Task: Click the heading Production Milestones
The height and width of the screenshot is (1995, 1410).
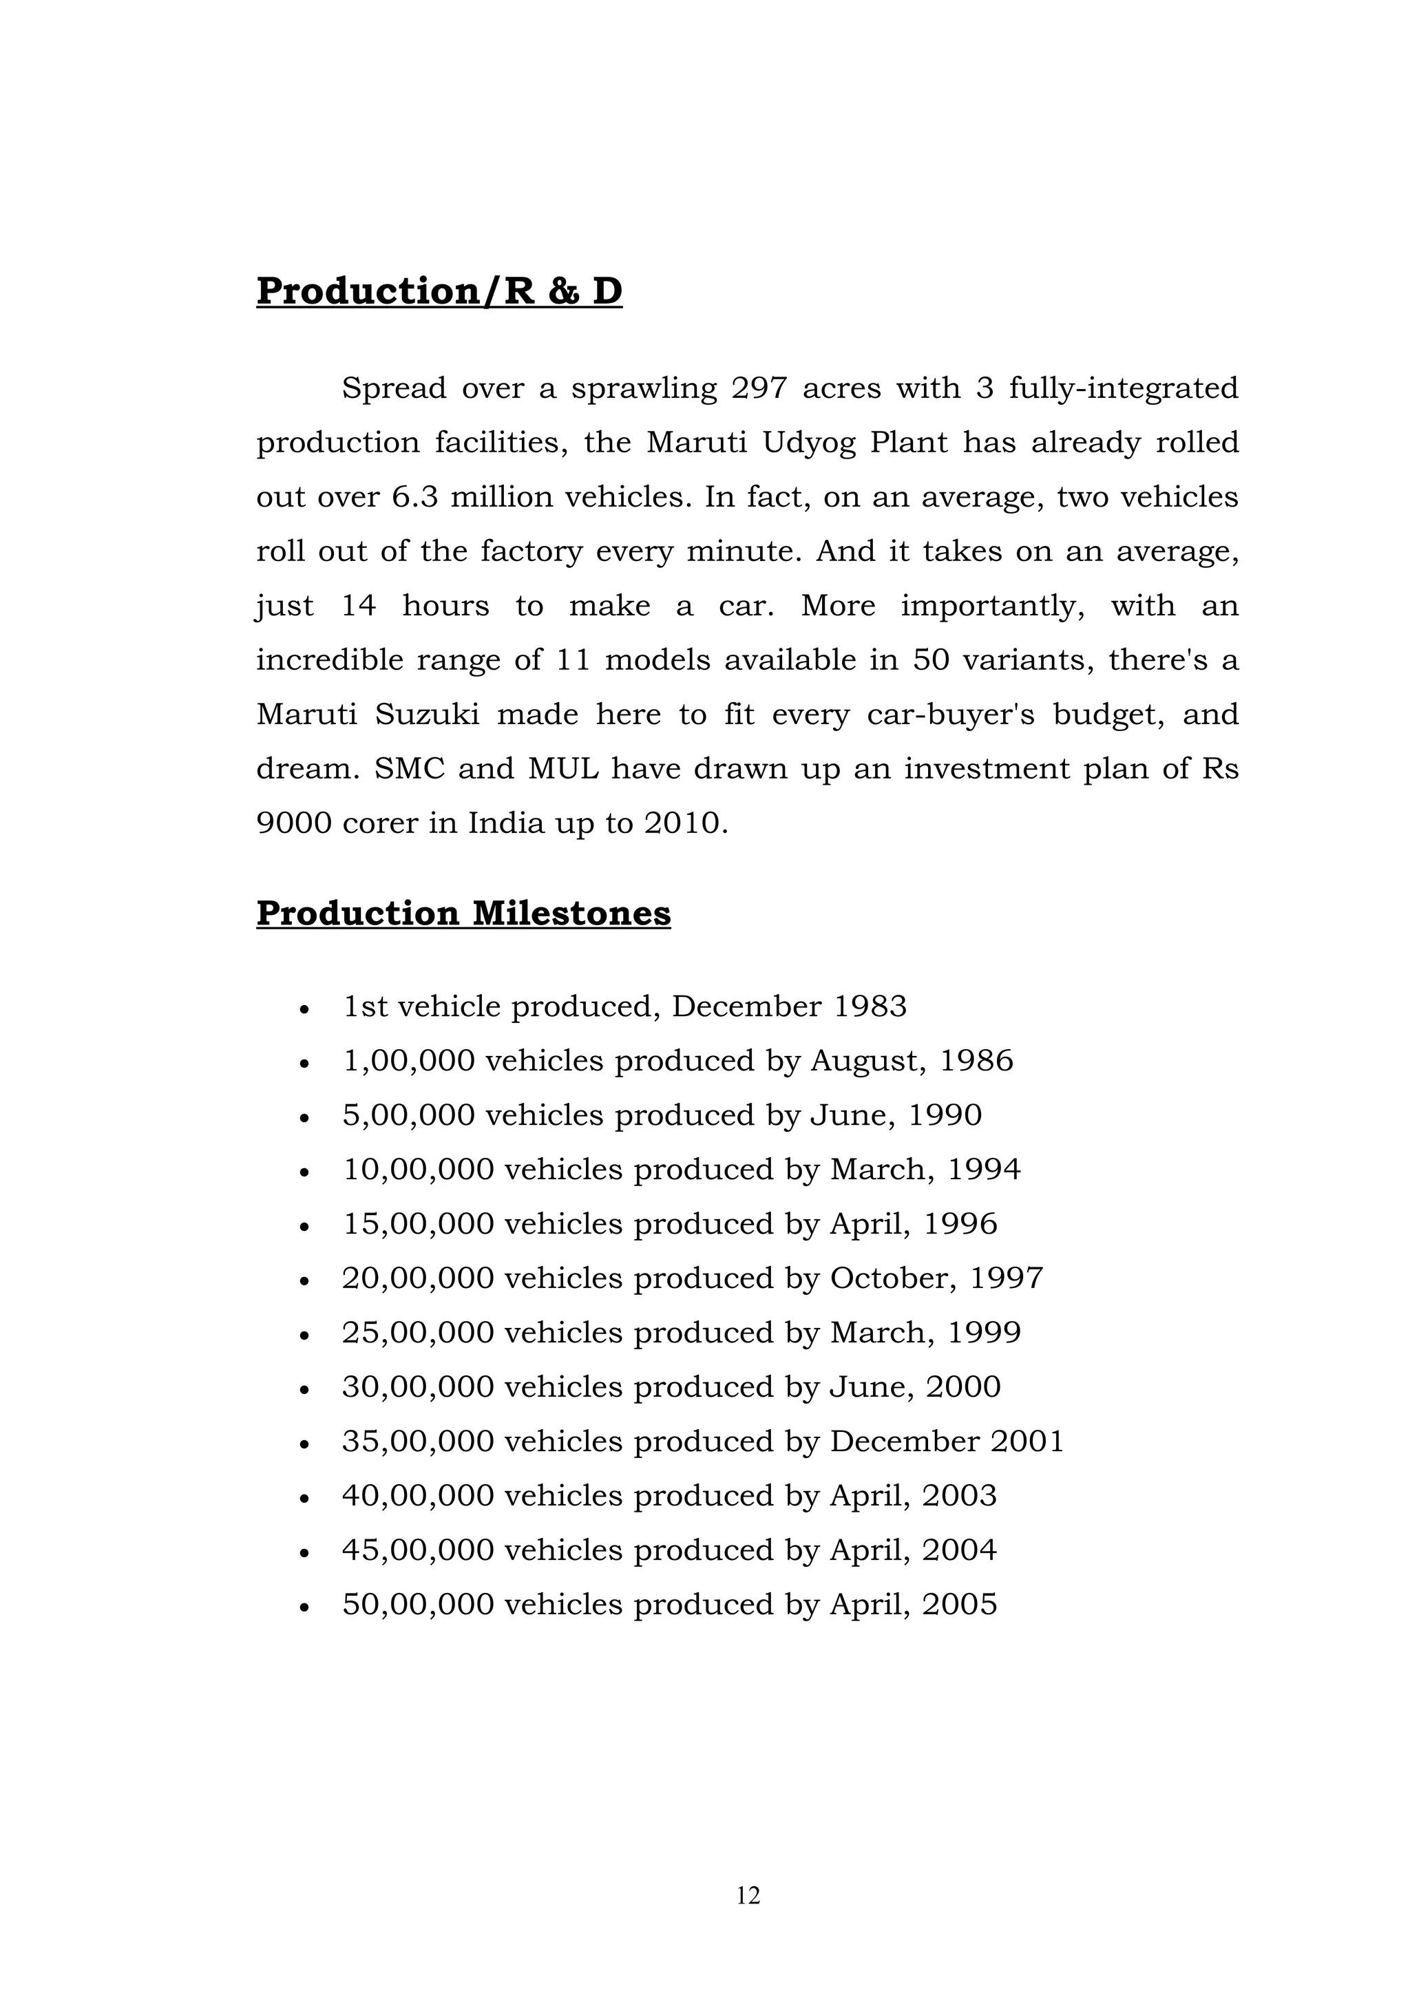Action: point(463,914)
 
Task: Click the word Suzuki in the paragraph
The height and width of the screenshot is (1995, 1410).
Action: point(428,715)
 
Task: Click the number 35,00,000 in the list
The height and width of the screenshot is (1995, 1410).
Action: point(417,1442)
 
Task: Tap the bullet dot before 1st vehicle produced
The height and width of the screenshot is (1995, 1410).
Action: point(304,1010)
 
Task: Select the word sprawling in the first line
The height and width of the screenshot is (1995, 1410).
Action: point(644,388)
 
